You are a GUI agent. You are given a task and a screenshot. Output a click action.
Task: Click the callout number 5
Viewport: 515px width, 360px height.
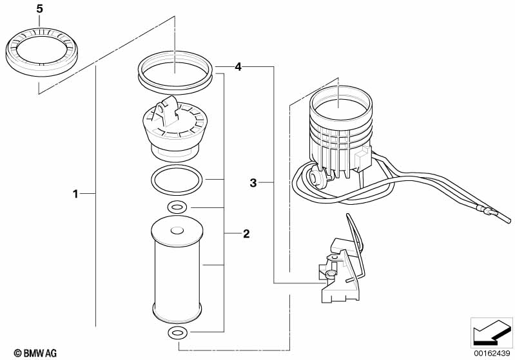pos(39,9)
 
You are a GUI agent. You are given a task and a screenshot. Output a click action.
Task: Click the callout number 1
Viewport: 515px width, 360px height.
pos(75,194)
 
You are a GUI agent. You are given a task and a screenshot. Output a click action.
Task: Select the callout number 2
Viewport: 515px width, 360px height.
pos(246,234)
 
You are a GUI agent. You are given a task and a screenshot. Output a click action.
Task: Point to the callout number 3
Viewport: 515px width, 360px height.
pos(253,183)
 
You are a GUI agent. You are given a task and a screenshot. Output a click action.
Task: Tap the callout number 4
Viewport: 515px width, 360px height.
pos(238,67)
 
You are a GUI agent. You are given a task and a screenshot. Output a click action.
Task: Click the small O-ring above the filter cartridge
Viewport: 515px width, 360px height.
pos(177,207)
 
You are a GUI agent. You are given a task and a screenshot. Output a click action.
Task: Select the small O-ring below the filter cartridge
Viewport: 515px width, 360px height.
pos(177,333)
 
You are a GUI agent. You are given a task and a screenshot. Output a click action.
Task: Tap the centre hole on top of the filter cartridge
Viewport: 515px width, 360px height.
pos(177,231)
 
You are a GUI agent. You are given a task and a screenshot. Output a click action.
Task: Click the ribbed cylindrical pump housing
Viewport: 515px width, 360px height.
pos(340,128)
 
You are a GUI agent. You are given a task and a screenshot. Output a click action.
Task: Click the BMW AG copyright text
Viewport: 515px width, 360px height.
pos(35,353)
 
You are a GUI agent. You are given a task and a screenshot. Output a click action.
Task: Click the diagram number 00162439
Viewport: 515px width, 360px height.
pos(492,354)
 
